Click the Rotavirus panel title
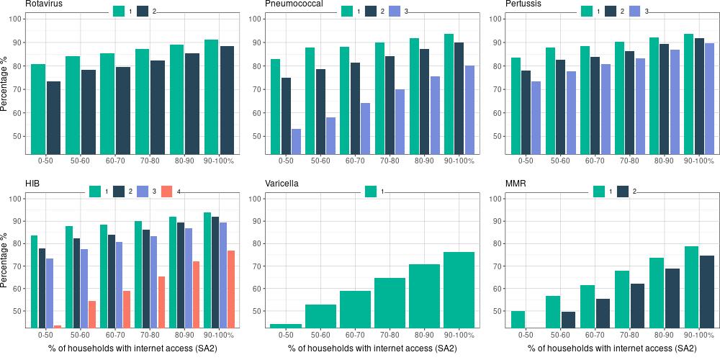pyautogui.click(x=44, y=4)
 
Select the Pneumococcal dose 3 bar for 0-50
pyautogui.click(x=295, y=141)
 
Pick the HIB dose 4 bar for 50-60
pyautogui.click(x=92, y=314)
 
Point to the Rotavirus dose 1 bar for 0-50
pyautogui.click(x=38, y=109)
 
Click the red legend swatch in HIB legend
pyautogui.click(x=167, y=192)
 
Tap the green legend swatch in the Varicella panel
pyautogui.click(x=372, y=192)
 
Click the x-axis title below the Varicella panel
pyautogui.click(x=372, y=349)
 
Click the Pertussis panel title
pyautogui.click(x=525, y=4)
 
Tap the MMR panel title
pyautogui.click(x=517, y=184)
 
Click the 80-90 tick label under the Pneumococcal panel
pyautogui.click(x=424, y=160)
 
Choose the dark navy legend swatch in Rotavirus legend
pyautogui.click(x=143, y=11)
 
